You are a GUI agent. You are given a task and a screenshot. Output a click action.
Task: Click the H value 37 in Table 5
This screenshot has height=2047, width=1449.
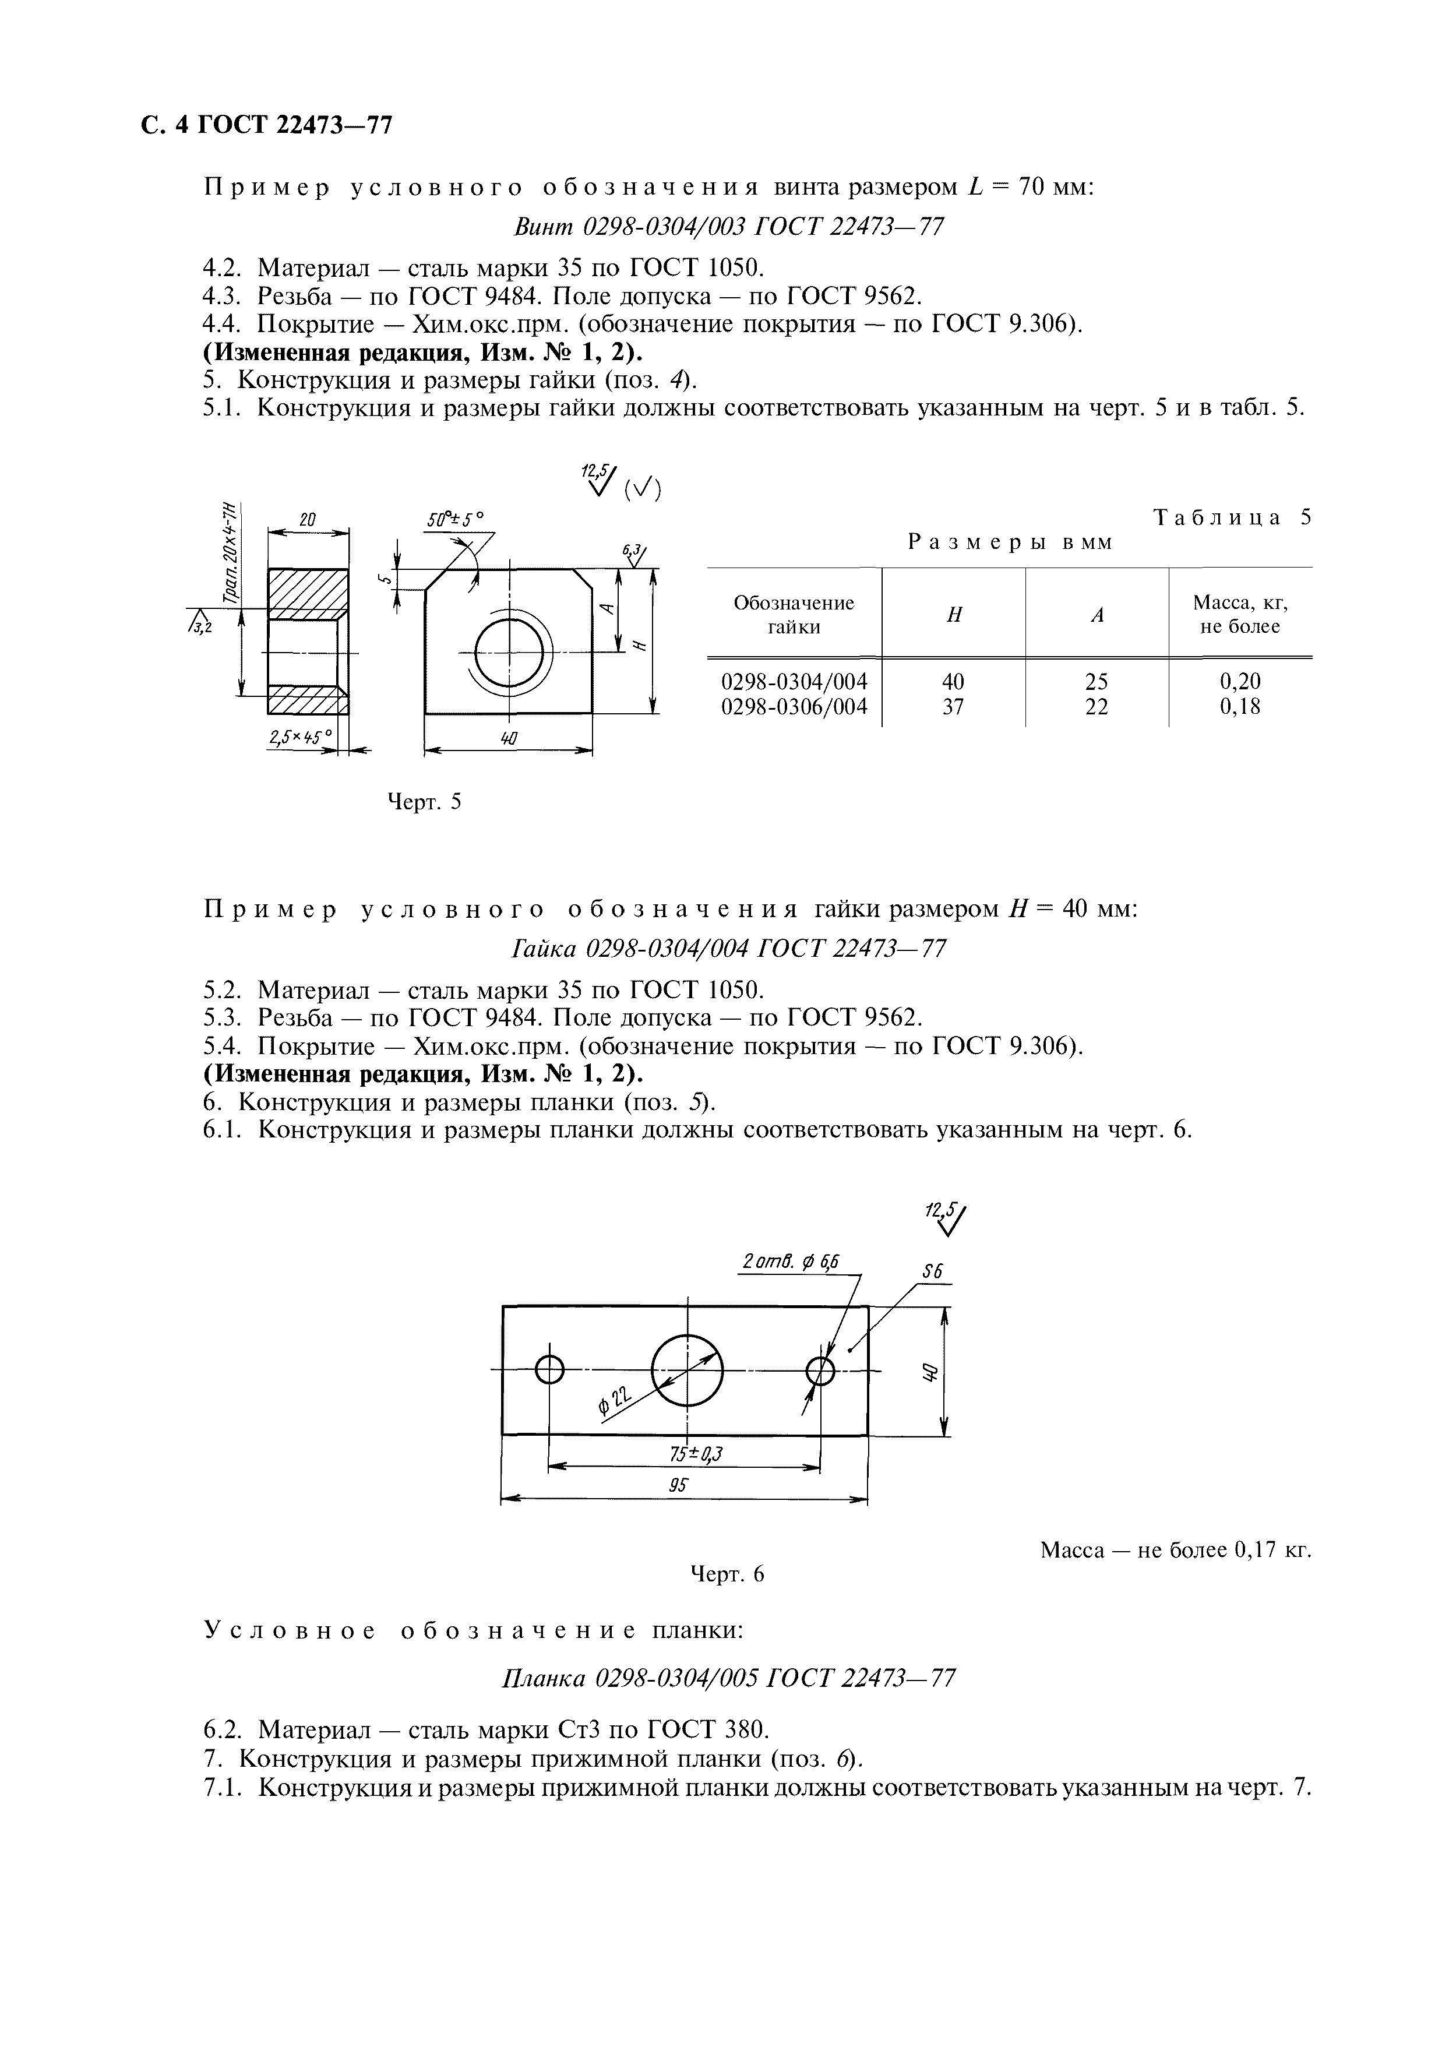coord(953,707)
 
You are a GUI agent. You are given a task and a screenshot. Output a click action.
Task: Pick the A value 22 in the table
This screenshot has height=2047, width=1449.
coord(1097,707)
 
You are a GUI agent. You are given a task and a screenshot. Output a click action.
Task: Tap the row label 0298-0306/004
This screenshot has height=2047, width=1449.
coord(793,707)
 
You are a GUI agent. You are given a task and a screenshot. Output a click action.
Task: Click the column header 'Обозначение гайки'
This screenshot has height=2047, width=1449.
coord(793,614)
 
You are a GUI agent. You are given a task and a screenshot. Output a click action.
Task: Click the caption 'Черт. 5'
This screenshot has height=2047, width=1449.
coord(424,801)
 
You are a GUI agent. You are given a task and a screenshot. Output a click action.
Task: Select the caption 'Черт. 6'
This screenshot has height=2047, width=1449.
coord(728,1574)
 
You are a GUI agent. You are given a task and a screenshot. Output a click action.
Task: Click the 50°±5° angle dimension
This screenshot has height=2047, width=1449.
coord(454,519)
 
